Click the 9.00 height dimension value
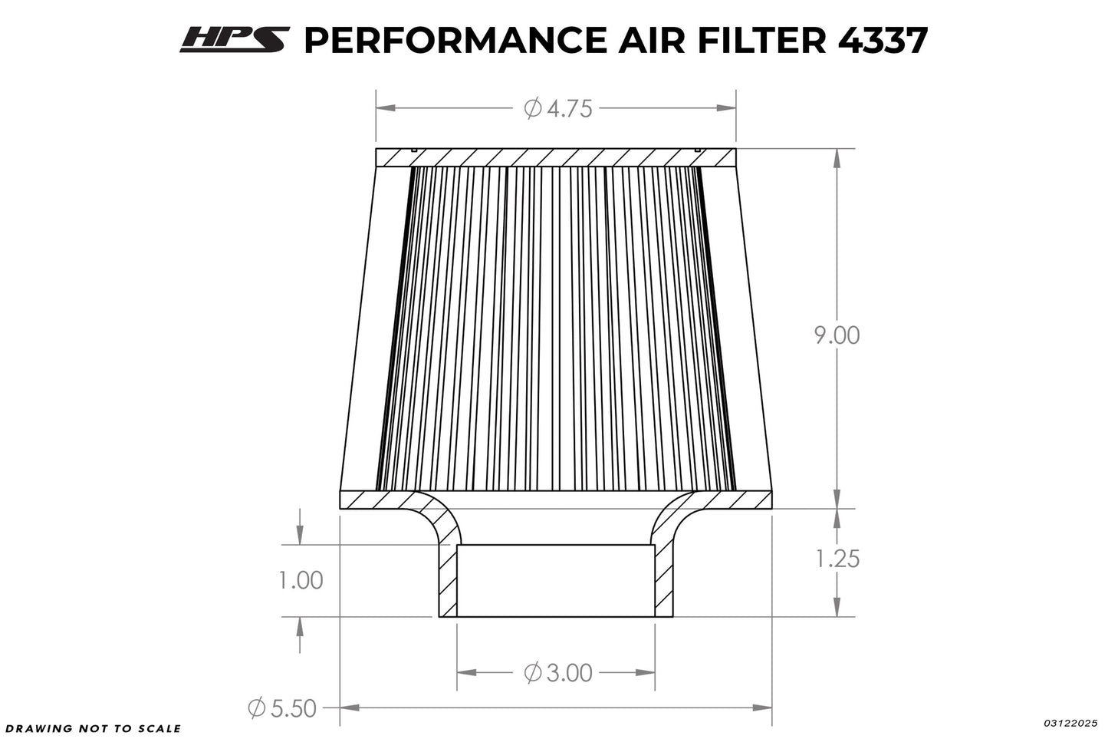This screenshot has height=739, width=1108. (x=837, y=335)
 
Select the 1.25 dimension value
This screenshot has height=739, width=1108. (x=837, y=559)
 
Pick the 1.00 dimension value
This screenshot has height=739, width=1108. (x=300, y=580)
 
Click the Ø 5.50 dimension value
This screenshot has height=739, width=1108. (x=282, y=708)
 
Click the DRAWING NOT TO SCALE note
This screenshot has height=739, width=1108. (x=92, y=728)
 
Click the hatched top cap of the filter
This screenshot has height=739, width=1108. (x=555, y=157)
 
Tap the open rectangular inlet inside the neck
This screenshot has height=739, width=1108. (x=556, y=581)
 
